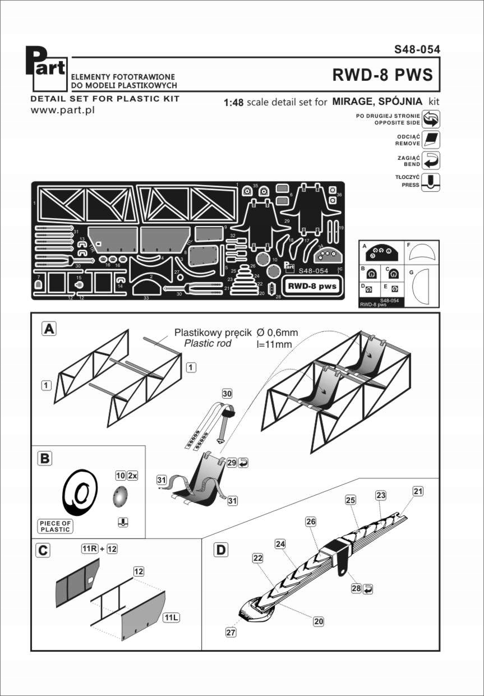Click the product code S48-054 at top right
(x=417, y=49)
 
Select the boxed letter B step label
(x=44, y=458)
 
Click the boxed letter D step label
(x=222, y=550)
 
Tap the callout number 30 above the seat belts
(x=227, y=393)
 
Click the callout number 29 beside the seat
(x=232, y=463)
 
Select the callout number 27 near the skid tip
(x=231, y=632)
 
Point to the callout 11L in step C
(x=170, y=617)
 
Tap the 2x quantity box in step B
(x=132, y=474)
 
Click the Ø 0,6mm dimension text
(x=276, y=333)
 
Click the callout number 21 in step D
(x=418, y=492)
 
